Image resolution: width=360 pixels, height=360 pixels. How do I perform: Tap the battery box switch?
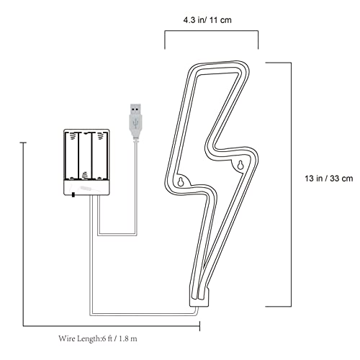(73, 195)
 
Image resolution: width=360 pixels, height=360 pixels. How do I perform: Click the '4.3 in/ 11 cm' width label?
(207, 20)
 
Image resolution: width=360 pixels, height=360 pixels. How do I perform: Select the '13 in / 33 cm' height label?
(329, 179)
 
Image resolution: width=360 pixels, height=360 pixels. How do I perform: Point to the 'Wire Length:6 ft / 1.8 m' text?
(98, 338)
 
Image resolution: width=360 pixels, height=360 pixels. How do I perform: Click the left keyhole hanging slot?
(181, 181)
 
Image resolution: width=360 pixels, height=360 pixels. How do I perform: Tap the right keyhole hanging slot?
(240, 165)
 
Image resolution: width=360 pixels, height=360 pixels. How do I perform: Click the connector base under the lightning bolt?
(199, 298)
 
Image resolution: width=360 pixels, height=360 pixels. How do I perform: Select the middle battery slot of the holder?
(85, 156)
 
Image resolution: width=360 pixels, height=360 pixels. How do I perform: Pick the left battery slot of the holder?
(72, 156)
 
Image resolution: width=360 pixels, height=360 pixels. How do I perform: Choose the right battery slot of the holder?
(99, 156)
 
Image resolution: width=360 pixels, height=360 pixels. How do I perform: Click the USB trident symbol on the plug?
(135, 123)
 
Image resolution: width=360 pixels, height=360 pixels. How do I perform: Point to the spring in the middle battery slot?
(84, 176)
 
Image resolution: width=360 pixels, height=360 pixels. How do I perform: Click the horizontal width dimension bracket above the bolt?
(212, 31)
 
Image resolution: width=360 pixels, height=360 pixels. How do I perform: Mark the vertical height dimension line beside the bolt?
(292, 184)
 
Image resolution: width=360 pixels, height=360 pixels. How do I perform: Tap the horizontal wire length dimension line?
(112, 326)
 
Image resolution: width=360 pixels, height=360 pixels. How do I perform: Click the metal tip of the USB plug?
(135, 109)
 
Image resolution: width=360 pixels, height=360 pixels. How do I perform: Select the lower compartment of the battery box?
(86, 187)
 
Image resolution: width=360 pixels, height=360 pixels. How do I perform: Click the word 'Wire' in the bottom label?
(66, 338)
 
